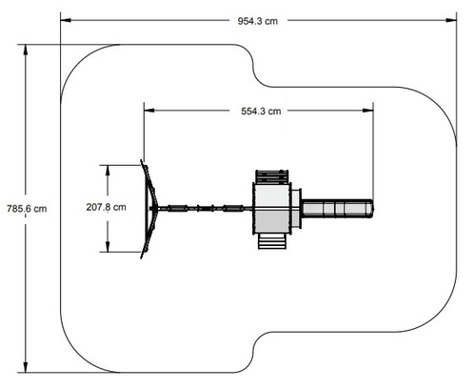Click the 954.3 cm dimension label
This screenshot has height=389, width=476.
click(x=258, y=21)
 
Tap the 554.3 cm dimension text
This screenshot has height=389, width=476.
click(x=261, y=112)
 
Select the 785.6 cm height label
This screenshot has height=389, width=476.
click(x=27, y=209)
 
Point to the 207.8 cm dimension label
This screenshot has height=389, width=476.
click(x=106, y=207)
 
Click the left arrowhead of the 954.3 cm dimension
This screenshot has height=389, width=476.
click(x=66, y=20)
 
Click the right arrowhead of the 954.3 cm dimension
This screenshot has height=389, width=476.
click(x=451, y=20)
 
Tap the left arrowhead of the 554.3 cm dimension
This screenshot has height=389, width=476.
click(x=149, y=111)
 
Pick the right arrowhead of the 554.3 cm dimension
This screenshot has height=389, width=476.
click(x=368, y=111)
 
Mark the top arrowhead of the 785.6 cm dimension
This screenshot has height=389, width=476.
click(x=26, y=50)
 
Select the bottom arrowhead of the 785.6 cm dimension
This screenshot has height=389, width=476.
click(x=26, y=367)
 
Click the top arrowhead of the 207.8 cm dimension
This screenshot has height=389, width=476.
click(x=108, y=171)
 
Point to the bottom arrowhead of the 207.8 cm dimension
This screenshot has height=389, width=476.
click(x=108, y=247)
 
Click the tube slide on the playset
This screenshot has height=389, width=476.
click(x=337, y=209)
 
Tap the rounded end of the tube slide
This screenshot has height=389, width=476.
click(x=371, y=209)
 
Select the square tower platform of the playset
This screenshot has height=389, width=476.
click(x=272, y=209)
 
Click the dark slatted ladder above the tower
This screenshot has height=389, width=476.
click(x=272, y=176)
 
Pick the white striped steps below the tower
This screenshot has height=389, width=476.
click(x=272, y=241)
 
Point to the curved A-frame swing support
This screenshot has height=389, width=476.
click(x=149, y=209)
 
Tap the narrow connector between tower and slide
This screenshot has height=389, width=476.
click(x=296, y=209)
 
